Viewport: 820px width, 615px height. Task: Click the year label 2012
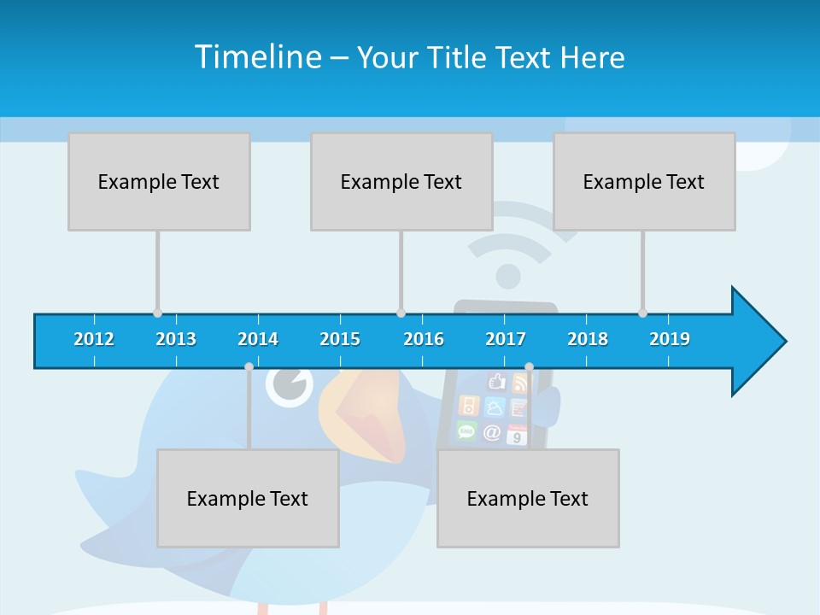point(94,339)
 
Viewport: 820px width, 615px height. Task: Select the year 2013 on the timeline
point(176,339)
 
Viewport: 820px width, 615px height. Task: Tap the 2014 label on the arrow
point(258,339)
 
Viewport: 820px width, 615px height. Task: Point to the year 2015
point(340,339)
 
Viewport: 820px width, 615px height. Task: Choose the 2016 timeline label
point(424,339)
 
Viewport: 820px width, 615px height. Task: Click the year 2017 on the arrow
point(506,339)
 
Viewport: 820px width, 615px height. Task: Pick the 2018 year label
point(588,339)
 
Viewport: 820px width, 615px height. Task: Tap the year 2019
point(670,339)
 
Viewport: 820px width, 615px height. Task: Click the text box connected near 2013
point(159,181)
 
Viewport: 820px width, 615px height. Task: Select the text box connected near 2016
point(401,181)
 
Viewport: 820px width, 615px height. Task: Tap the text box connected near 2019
point(644,181)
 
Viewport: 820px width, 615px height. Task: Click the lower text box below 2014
point(248,498)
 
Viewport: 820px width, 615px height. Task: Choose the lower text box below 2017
point(528,498)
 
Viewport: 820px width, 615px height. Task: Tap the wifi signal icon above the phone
point(509,248)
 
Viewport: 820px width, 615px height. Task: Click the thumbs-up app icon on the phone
point(496,382)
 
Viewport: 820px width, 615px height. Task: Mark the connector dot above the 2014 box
point(249,367)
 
